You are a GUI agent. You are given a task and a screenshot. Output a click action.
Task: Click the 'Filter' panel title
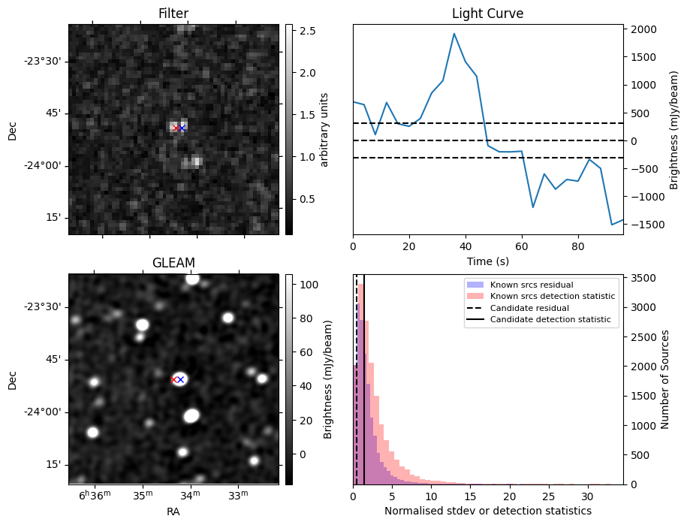pos(173,14)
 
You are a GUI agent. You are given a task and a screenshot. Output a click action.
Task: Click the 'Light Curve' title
pos(487,14)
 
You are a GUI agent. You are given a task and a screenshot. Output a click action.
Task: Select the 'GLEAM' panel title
pos(173,262)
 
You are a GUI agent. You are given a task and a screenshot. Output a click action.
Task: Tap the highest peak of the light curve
pos(454,34)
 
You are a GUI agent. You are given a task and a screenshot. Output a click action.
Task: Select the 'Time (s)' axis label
pos(487,261)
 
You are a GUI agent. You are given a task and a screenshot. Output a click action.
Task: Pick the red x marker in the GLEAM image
pos(174,379)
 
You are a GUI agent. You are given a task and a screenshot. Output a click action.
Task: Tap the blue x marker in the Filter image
pos(182,128)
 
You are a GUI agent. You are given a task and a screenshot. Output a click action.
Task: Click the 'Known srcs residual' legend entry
pos(531,285)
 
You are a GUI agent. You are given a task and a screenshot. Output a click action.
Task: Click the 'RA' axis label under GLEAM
pos(173,511)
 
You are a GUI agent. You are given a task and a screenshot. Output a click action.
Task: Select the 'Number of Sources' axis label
pos(664,379)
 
